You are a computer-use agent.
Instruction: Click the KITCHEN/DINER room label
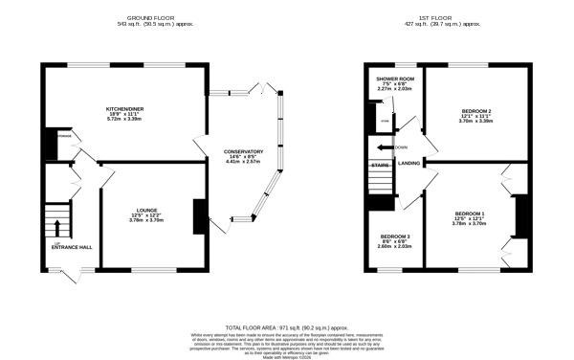click(123, 109)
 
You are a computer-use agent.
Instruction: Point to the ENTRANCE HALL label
click(71, 247)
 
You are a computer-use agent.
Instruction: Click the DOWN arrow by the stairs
click(387, 147)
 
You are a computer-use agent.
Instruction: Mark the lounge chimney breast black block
click(198, 216)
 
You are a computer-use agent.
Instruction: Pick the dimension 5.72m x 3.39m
click(123, 122)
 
